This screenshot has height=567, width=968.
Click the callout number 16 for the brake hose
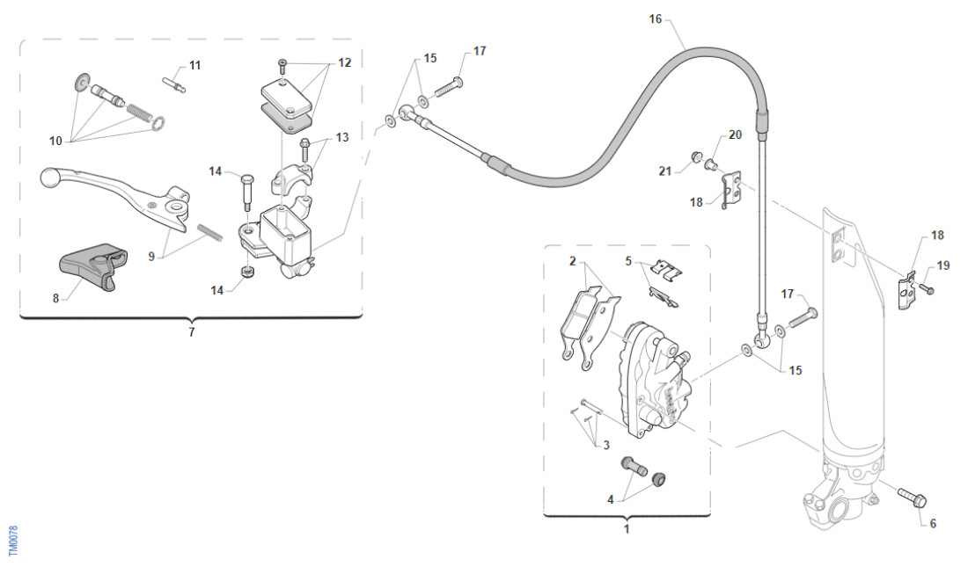tap(655, 18)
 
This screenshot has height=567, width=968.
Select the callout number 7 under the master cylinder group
tap(191, 332)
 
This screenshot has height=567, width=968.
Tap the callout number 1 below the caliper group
tap(627, 529)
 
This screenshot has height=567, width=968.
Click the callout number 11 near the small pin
tap(194, 65)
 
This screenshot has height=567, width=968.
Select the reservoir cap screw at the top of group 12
tap(282, 63)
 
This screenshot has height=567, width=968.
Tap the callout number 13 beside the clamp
tap(341, 137)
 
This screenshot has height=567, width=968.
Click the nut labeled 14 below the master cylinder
tap(247, 272)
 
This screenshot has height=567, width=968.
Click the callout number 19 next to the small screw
tap(943, 265)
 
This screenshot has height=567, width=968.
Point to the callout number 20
tap(735, 135)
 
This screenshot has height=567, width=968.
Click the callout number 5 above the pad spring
tap(629, 261)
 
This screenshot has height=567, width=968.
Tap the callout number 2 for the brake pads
tap(572, 261)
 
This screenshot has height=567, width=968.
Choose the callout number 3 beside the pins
tap(606, 446)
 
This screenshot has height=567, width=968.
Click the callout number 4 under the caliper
tap(610, 499)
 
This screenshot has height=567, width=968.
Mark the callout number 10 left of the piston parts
tap(56, 140)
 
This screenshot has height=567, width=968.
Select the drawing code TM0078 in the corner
tap(13, 540)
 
